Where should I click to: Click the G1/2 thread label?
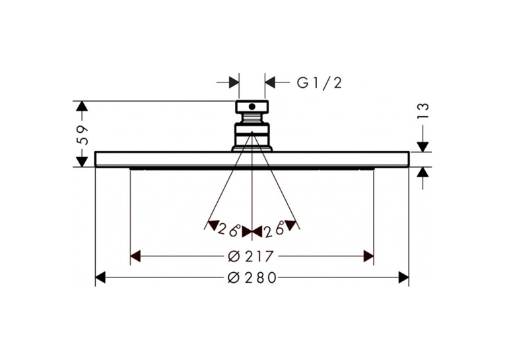click(319, 83)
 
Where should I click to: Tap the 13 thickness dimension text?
click(424, 111)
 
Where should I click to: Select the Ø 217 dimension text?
click(250, 256)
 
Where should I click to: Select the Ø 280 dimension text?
click(252, 277)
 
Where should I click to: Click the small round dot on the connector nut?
click(252, 106)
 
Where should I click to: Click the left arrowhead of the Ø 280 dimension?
click(100, 277)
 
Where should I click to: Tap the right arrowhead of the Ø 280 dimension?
click(403, 277)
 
